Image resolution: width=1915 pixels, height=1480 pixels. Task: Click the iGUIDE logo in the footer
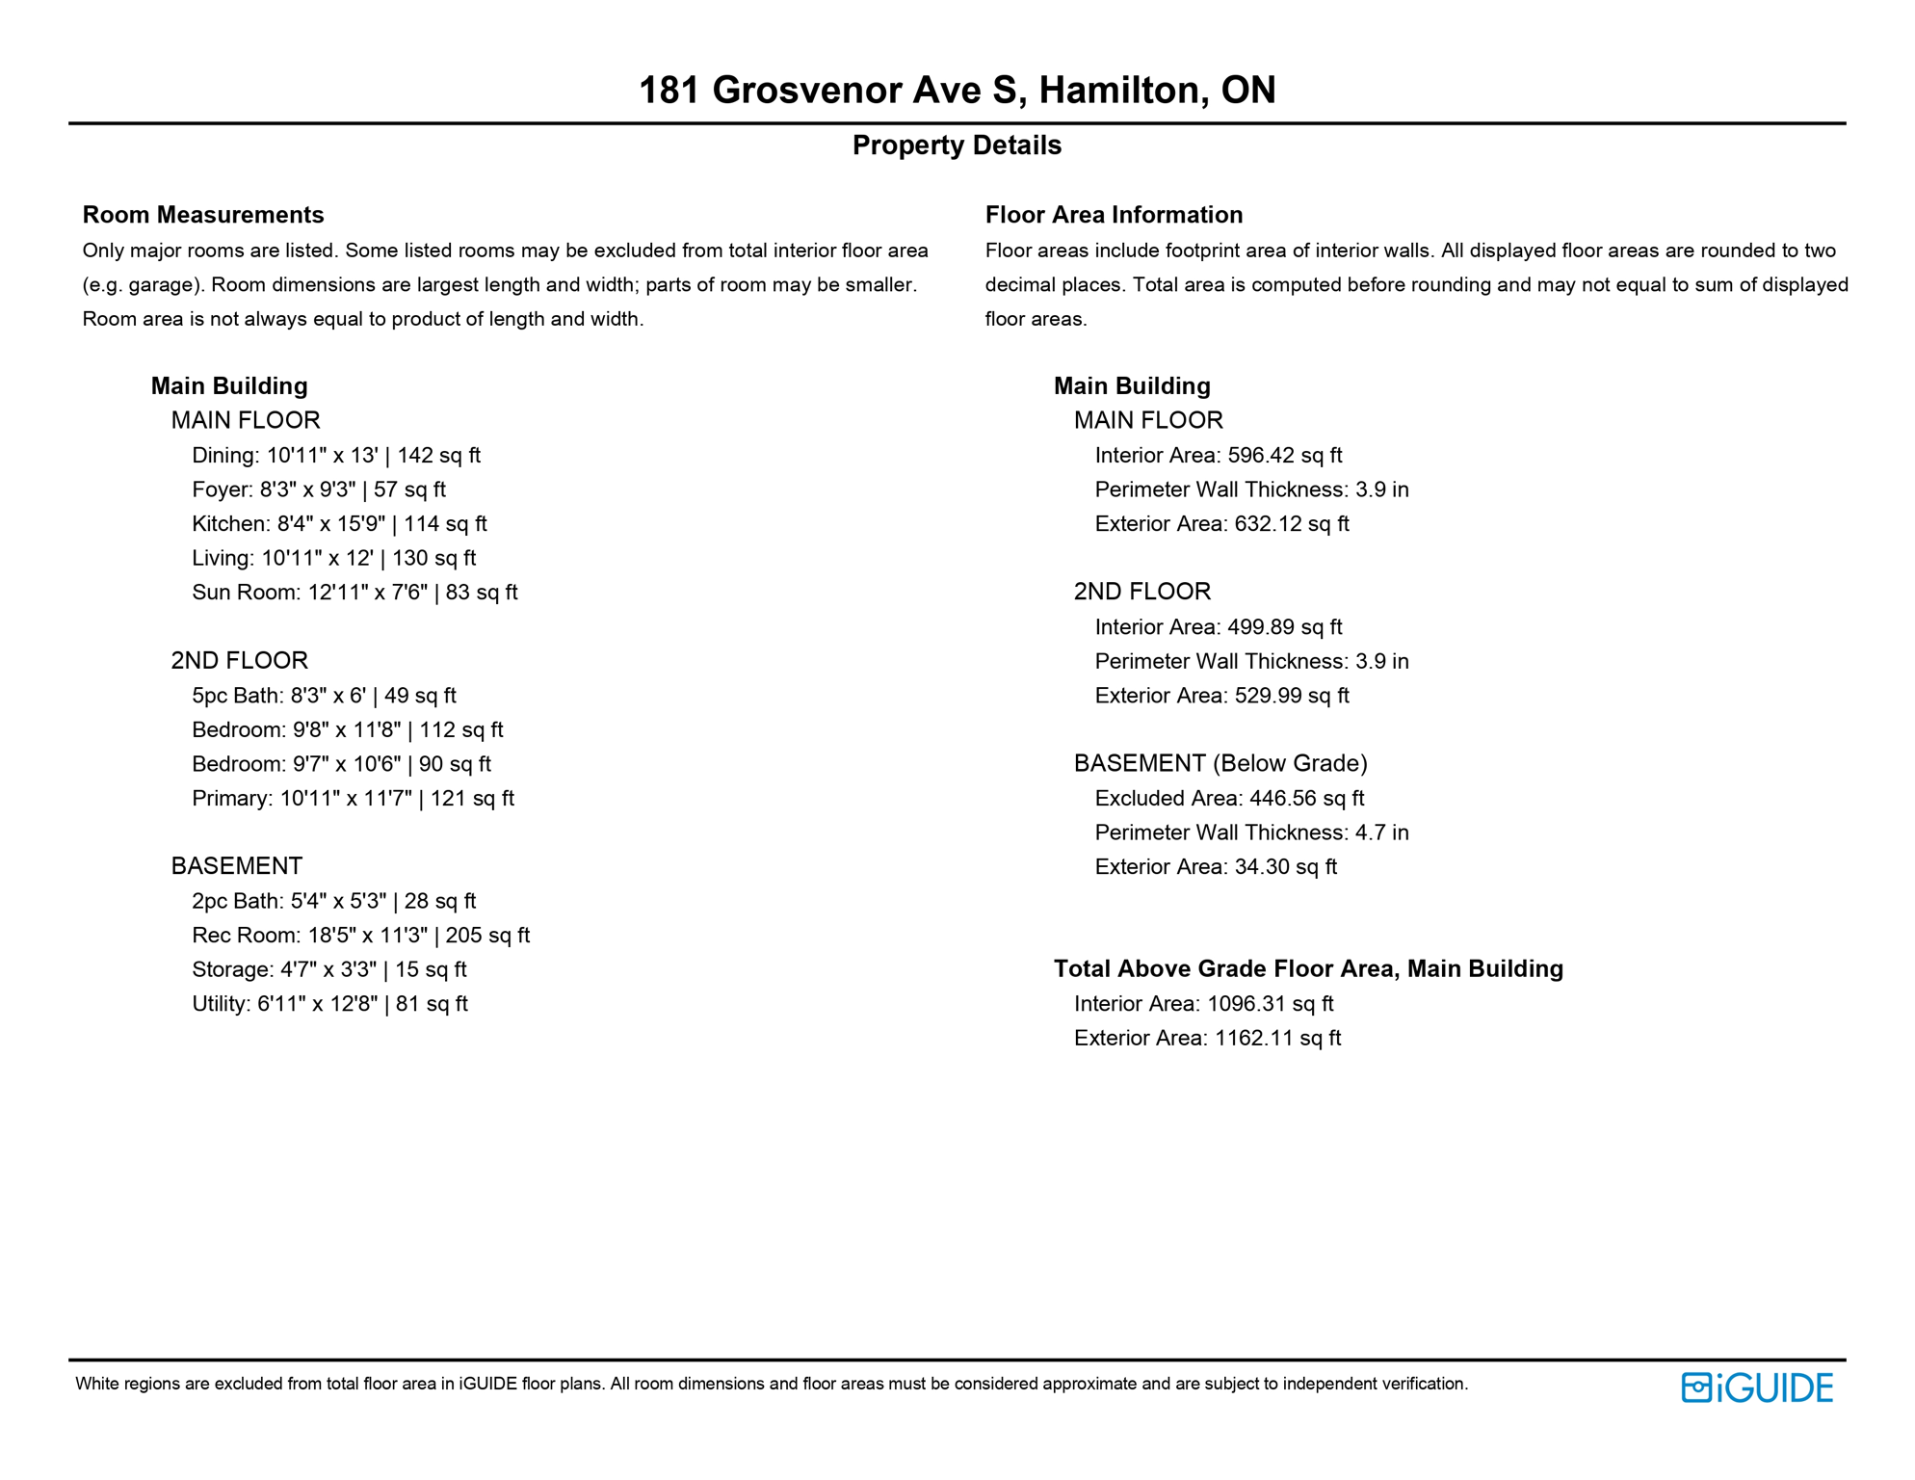1757,1387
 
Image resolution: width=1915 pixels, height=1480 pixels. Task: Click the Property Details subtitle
957,145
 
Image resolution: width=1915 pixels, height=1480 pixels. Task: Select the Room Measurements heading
203,215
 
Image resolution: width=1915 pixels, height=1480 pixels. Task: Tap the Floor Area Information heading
1114,215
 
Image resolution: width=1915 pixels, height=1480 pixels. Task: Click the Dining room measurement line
335,456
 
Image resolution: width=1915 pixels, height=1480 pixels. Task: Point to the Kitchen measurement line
339,524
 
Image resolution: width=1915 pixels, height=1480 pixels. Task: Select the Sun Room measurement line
354,593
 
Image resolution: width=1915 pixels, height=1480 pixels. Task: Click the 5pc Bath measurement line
324,696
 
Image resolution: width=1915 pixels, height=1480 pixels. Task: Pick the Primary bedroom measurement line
353,799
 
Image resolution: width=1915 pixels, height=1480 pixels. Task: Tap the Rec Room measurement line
360,936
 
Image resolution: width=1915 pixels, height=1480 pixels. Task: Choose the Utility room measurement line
329,1004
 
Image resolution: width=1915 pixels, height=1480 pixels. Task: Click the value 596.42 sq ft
1284,456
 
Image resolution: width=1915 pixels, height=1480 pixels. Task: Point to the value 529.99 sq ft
1291,696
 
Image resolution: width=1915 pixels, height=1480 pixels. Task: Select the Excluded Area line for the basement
1229,799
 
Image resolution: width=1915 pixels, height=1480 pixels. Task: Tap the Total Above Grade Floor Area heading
1308,969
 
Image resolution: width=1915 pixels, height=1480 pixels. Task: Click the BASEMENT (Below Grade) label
1220,764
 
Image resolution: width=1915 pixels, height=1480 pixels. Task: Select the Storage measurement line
329,970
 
